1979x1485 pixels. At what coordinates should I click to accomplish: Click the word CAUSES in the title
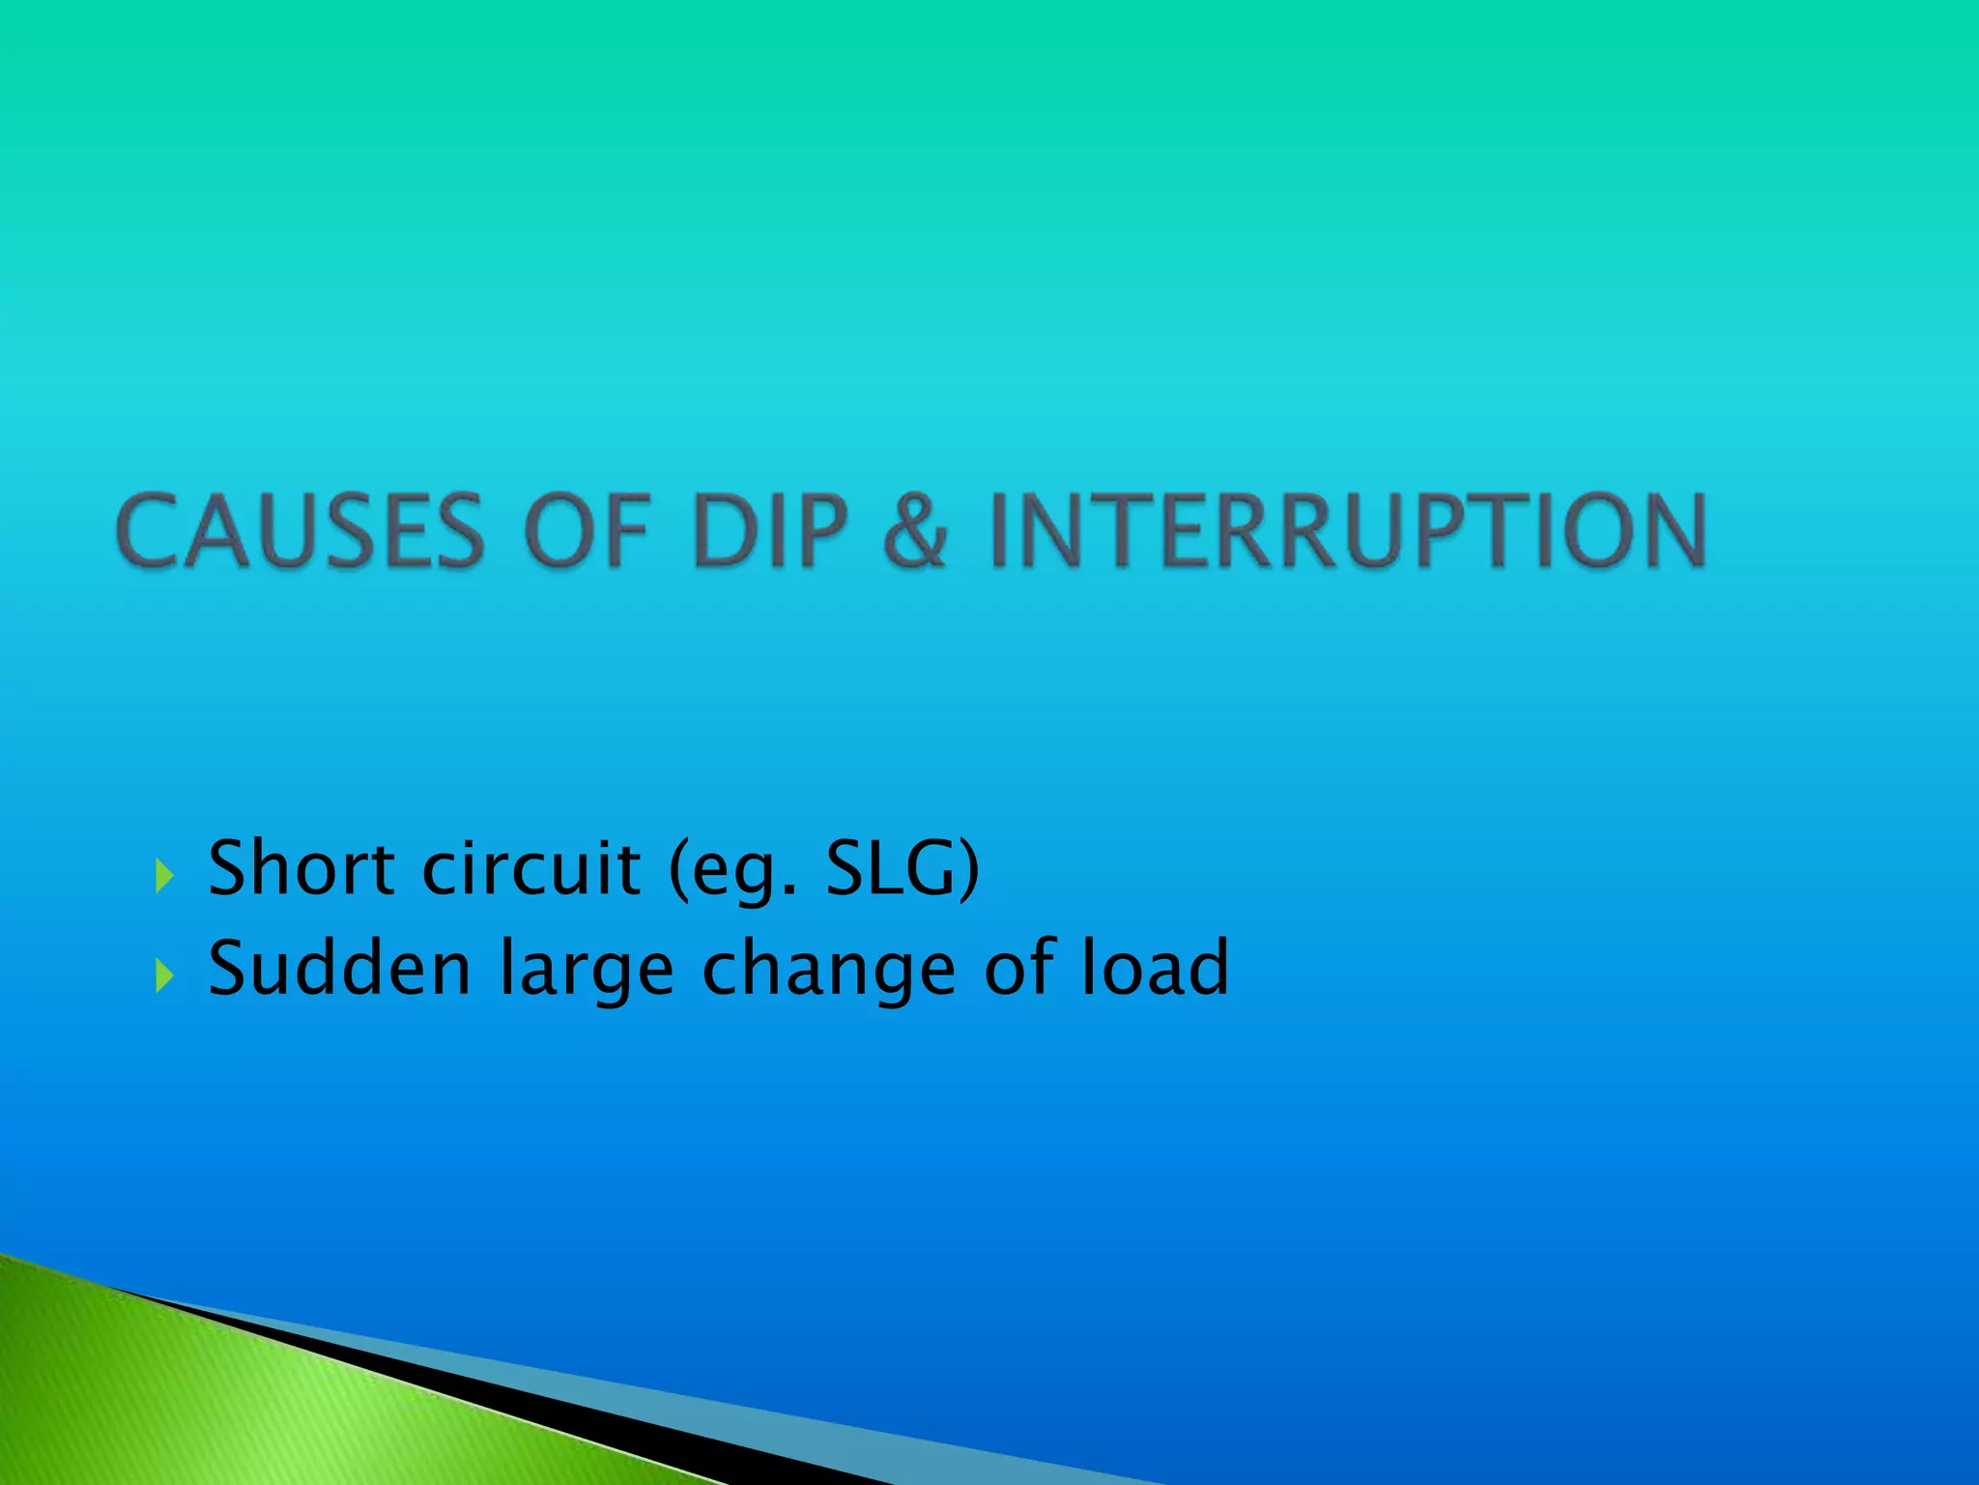pyautogui.click(x=300, y=531)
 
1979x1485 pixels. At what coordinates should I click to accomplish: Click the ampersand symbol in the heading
pyautogui.click(x=914, y=531)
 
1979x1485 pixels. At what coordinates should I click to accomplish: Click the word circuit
pyautogui.click(x=531, y=867)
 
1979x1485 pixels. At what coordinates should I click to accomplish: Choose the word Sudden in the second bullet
pyautogui.click(x=339, y=968)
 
